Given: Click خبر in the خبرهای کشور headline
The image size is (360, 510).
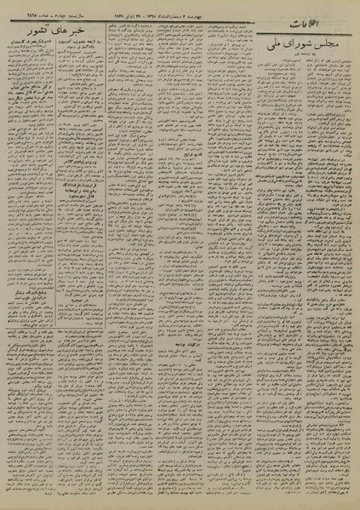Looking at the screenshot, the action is pos(84,77).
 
